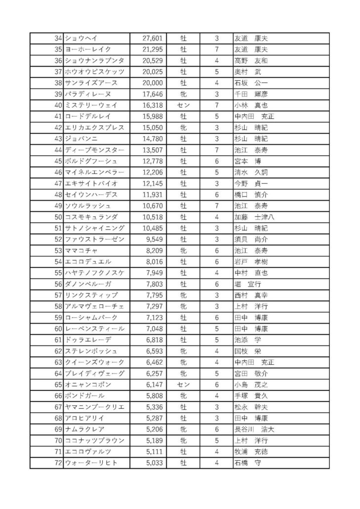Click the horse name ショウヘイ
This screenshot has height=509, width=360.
tap(81, 38)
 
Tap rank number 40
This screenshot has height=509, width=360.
tap(58, 105)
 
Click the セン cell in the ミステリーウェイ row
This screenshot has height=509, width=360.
tap(183, 105)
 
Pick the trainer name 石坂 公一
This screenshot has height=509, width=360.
tap(251, 83)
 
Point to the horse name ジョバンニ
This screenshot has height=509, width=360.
tap(81, 139)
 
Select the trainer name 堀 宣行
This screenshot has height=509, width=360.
tap(248, 284)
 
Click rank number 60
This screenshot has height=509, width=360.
tap(58, 329)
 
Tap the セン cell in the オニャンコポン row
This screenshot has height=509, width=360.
tap(183, 384)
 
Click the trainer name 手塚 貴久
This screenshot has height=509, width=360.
tap(251, 396)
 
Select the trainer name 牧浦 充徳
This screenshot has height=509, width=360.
tap(251, 452)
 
